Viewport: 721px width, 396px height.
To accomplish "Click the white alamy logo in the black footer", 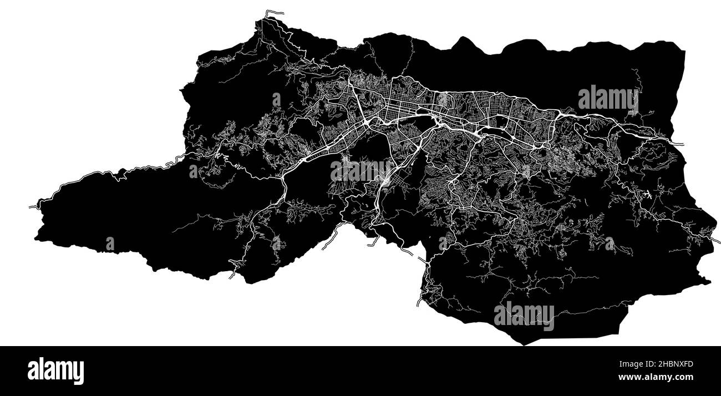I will click(x=55, y=371).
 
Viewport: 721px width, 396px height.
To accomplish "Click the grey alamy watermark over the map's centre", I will click(x=360, y=171).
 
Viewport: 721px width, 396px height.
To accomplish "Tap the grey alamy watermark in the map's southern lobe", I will click(x=524, y=314).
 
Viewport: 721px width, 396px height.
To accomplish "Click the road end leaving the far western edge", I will click(x=31, y=207).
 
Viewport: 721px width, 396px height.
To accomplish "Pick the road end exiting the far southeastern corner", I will click(x=718, y=241).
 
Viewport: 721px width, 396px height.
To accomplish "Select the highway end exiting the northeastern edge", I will click(x=681, y=144).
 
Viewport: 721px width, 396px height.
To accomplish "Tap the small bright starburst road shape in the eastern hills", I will click(x=647, y=195).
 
